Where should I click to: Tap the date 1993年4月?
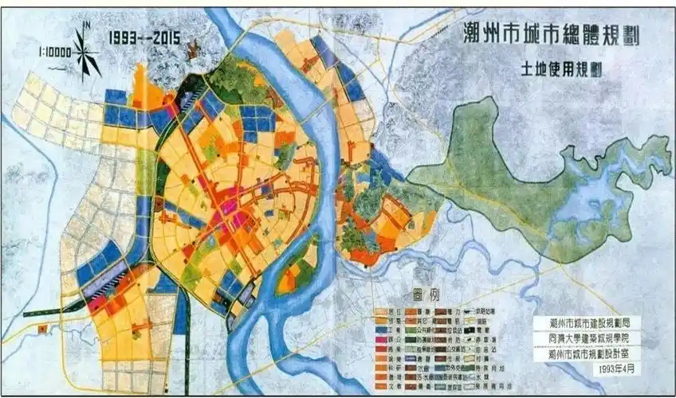pyautogui.click(x=620, y=370)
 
